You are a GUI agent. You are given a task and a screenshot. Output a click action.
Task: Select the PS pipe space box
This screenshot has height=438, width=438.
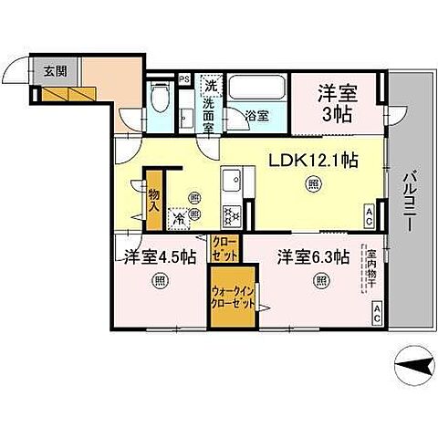184,78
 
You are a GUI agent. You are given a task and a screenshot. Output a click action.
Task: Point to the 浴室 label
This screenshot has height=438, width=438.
256,117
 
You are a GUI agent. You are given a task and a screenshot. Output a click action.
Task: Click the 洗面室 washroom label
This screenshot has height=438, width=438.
210,102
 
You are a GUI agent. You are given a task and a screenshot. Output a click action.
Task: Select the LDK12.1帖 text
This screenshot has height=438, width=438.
311,160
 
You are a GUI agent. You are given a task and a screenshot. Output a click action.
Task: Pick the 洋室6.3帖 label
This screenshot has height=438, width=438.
314,256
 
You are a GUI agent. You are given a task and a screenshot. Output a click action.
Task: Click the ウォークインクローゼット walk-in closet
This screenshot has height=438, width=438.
233,297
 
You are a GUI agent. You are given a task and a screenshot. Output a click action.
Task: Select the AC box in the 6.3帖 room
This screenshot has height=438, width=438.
376,316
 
